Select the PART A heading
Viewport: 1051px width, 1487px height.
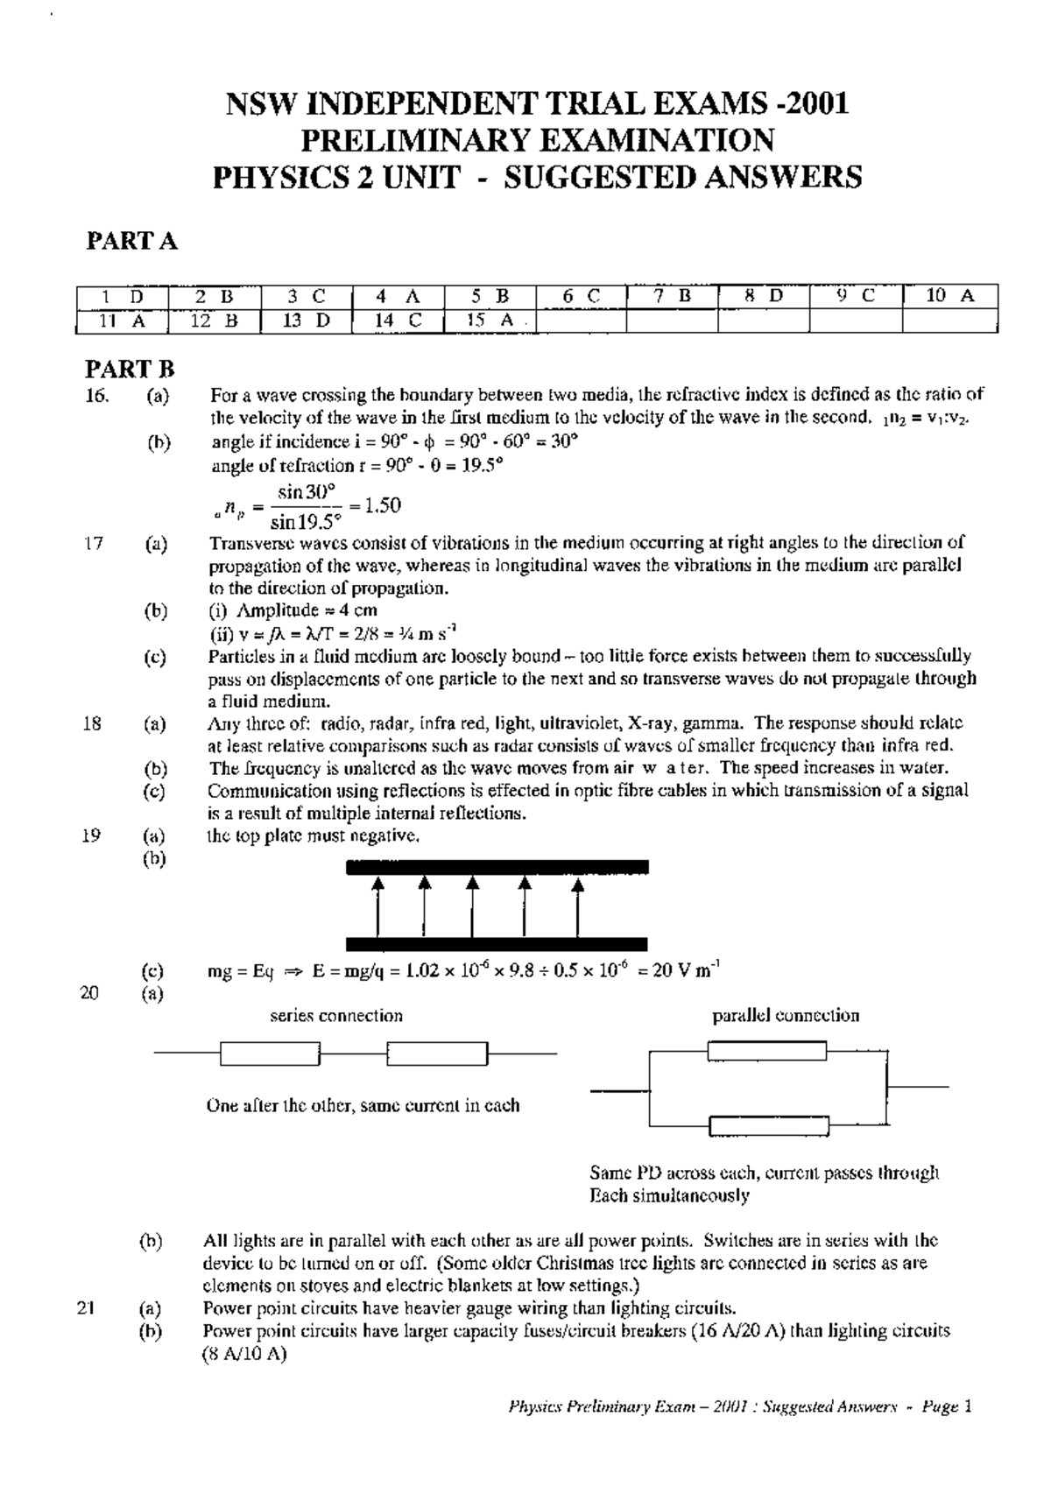131,242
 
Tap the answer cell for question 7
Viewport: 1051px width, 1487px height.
672,296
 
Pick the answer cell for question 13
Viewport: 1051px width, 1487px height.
306,321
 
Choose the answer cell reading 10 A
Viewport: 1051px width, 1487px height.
949,296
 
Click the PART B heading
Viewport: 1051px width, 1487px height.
130,369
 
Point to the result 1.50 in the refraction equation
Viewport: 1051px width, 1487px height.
383,505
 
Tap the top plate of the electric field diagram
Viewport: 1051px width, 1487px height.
497,867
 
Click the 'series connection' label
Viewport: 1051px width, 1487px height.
336,1016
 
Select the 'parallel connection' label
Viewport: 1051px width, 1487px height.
786,1016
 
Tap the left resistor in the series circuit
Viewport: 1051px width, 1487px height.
270,1054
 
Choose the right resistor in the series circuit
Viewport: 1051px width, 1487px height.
436,1054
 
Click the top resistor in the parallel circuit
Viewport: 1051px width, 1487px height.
766,1051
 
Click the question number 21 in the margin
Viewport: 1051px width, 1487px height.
85,1309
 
